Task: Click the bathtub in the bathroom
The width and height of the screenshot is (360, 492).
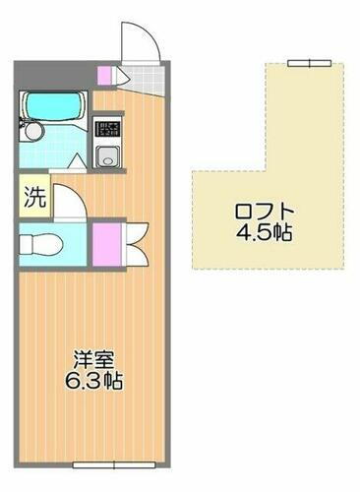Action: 54,104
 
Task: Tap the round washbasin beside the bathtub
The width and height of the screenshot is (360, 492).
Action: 31,129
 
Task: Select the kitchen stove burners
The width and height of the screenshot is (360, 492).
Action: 105,128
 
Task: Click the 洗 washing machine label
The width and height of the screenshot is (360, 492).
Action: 33,195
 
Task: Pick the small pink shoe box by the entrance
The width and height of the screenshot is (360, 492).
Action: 105,74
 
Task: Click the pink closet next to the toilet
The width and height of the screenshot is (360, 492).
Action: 106,240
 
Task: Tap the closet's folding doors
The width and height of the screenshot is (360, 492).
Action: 132,240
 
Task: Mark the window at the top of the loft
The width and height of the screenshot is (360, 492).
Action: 308,63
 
